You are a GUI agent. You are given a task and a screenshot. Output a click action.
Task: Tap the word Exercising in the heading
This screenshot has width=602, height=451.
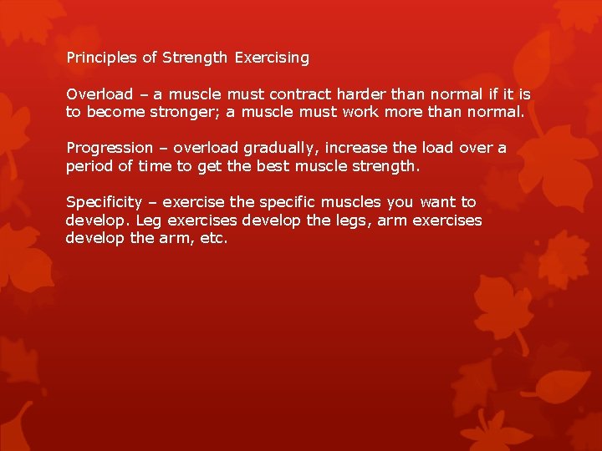click(x=272, y=58)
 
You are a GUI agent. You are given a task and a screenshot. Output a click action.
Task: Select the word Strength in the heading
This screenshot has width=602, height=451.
click(x=195, y=58)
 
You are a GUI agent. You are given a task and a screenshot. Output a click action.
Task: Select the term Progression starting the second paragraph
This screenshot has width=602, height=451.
click(x=110, y=148)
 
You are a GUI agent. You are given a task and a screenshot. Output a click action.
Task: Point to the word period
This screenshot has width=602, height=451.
click(x=89, y=165)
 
